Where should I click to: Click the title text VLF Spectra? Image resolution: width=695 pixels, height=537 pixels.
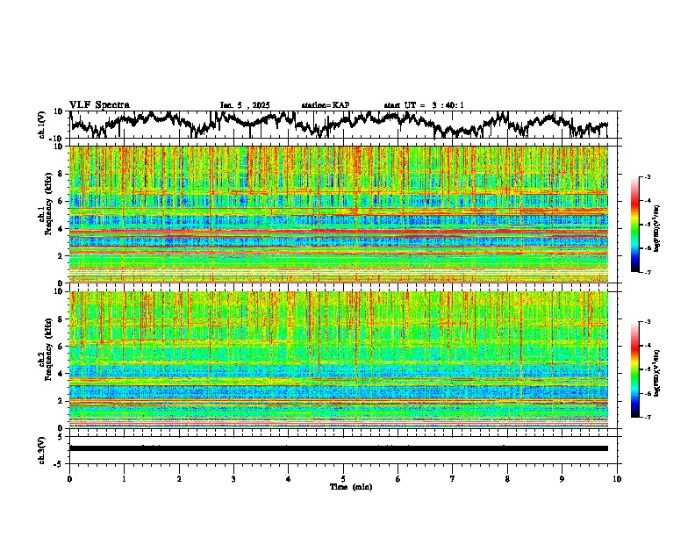point(99,104)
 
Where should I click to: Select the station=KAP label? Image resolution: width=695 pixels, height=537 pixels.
point(325,105)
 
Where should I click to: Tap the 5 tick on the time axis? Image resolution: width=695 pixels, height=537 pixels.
point(343,478)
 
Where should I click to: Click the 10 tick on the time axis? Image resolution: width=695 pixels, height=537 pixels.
point(617,478)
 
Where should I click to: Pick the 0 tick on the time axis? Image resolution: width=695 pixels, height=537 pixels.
point(69,478)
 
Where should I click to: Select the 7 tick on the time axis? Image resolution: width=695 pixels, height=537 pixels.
point(453,478)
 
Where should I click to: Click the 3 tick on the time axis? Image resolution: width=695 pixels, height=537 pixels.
point(233,478)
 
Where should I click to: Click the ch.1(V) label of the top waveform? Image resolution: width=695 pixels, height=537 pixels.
point(42,125)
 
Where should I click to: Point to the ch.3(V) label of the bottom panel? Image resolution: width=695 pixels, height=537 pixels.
point(42,447)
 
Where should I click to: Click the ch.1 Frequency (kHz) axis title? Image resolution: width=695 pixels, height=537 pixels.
point(46,215)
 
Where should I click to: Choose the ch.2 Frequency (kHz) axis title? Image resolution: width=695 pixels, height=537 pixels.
point(46,359)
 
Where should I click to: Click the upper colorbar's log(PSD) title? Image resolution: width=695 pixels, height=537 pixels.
point(657,224)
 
